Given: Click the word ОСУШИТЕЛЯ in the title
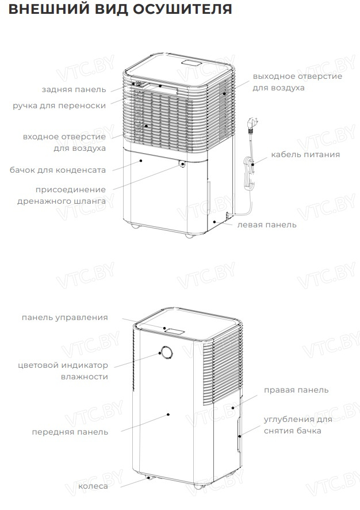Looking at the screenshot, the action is coord(182,9).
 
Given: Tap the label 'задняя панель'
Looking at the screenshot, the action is coord(74,89).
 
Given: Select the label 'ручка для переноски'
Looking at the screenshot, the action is coord(59,106).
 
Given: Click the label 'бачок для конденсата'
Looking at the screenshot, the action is coord(58,170).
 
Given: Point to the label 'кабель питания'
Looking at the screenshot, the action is coord(305,154).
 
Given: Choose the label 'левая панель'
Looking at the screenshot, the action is coord(267,224).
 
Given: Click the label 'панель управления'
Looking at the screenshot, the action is coord(64,318).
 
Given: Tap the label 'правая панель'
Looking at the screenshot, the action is coord(296,390).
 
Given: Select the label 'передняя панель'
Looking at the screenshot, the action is coord(70,432).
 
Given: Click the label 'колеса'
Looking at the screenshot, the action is coord(93,486).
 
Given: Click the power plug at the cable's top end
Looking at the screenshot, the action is coord(253,124).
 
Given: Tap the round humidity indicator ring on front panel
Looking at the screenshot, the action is coord(166,352).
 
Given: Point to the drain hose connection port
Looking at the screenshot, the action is coord(182,163).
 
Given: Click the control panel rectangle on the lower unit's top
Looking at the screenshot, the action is coord(174,332).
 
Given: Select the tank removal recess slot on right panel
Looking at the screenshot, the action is coord(239,435).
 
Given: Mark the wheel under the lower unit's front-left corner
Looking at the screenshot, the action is coord(149,478).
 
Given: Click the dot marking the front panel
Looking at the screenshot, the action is coord(168,414).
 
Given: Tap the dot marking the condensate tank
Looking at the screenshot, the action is coord(141,161).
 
